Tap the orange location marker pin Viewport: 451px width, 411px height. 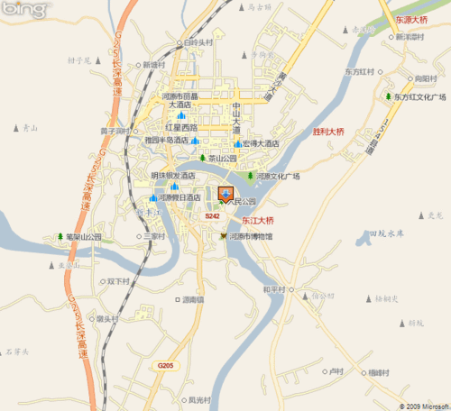(225, 194)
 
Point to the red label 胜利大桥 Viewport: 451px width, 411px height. (328, 132)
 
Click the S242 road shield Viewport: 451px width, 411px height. (212, 217)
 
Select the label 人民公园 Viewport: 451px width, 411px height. (244, 202)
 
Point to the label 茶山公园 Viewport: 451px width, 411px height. (221, 158)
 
